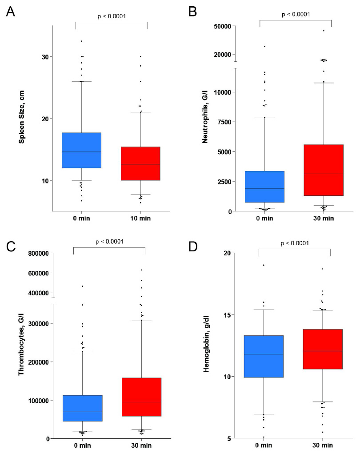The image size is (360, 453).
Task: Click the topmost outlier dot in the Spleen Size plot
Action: point(81,41)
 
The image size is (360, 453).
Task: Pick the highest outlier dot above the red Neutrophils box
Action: point(324,31)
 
